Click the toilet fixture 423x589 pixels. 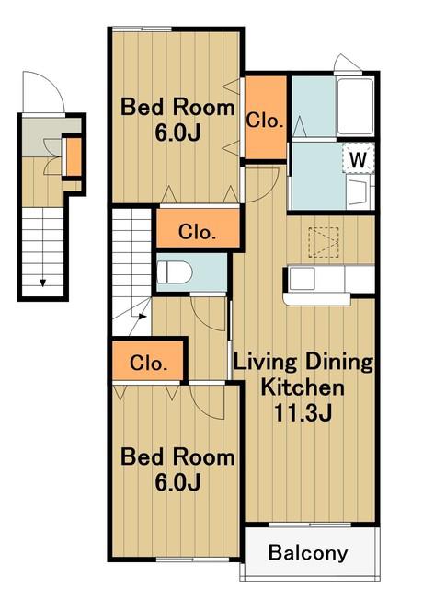175,272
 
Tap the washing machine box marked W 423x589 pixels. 359,158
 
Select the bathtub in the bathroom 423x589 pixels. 355,107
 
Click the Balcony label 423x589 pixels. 308,553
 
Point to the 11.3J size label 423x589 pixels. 303,412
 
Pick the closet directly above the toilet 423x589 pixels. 198,228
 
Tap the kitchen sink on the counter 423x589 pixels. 302,279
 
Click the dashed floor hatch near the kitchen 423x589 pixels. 324,242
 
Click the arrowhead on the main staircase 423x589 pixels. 143,317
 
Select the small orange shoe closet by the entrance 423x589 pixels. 74,156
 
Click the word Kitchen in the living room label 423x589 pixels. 303,387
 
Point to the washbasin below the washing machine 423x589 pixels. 358,192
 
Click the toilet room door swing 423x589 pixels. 209,314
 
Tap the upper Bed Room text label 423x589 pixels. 177,107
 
